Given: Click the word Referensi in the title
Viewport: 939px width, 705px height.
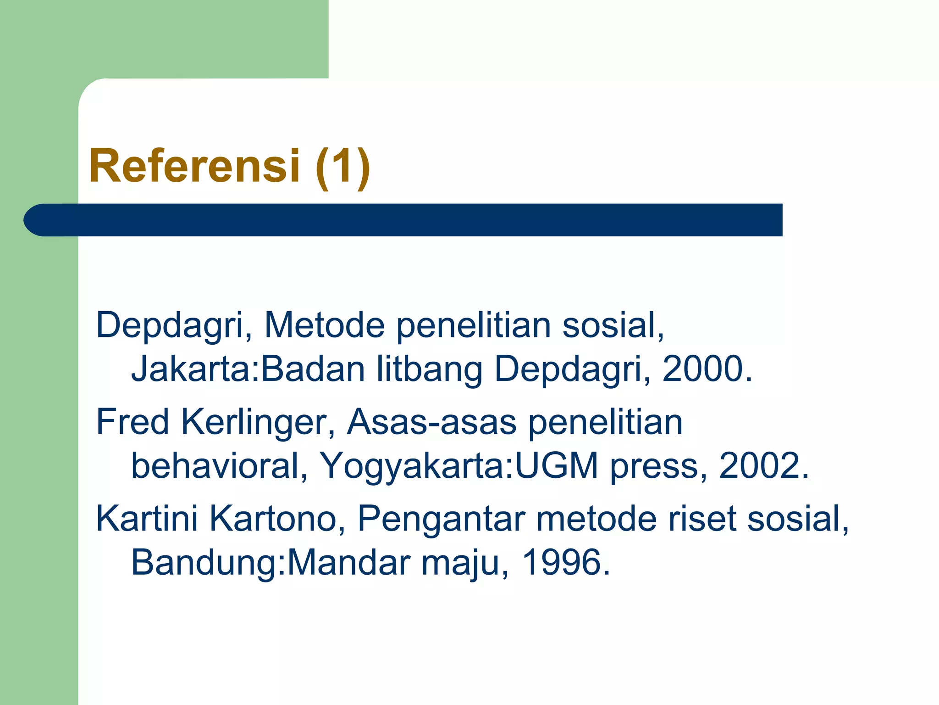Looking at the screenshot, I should tap(194, 166).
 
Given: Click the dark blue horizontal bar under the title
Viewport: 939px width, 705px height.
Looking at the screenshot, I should tap(403, 220).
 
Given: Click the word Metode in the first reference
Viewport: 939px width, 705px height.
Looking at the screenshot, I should tap(325, 325).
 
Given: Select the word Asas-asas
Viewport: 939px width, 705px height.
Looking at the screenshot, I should tap(431, 422).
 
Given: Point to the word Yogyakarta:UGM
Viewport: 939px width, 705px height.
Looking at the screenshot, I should tap(458, 466).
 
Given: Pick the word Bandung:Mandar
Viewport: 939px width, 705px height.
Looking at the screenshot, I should tap(271, 562).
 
